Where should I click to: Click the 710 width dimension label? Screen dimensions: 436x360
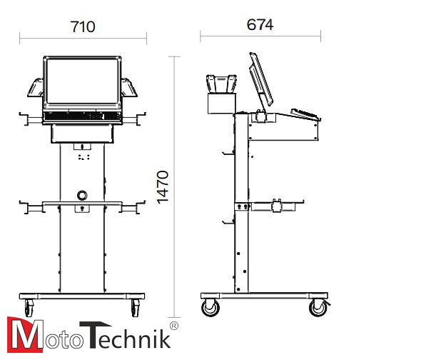coord(83,26)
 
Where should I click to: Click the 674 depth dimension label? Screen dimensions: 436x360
coord(260,24)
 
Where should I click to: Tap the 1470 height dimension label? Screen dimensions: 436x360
coord(163,187)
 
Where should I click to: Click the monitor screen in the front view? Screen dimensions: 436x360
coord(82,81)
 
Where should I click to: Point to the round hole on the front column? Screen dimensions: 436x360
coord(82,195)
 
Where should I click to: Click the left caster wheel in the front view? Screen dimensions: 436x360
coord(29,308)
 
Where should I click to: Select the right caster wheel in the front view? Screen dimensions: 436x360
coord(136,308)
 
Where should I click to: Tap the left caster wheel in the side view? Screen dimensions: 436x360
coord(211,308)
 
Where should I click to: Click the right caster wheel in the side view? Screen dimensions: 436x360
coord(318,308)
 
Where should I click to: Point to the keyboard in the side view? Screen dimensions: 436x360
coord(305,114)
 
